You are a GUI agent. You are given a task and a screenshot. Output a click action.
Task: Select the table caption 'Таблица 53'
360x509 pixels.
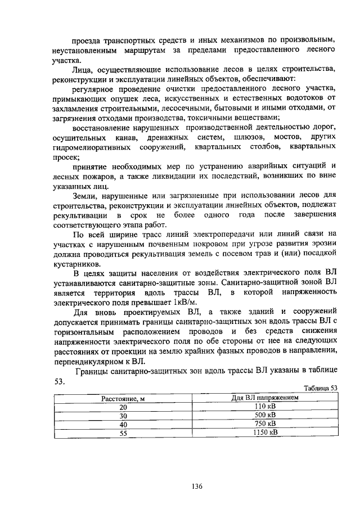(320, 388)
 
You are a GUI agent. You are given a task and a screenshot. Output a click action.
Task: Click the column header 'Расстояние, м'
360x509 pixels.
(123, 398)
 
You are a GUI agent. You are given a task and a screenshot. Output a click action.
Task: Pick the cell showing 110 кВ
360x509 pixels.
(265, 406)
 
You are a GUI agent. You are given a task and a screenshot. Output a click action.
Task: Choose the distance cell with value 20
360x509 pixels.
(123, 407)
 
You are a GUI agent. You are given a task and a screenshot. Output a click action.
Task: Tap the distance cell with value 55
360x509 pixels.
(123, 433)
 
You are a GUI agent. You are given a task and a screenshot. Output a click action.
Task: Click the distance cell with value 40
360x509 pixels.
(123, 424)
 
